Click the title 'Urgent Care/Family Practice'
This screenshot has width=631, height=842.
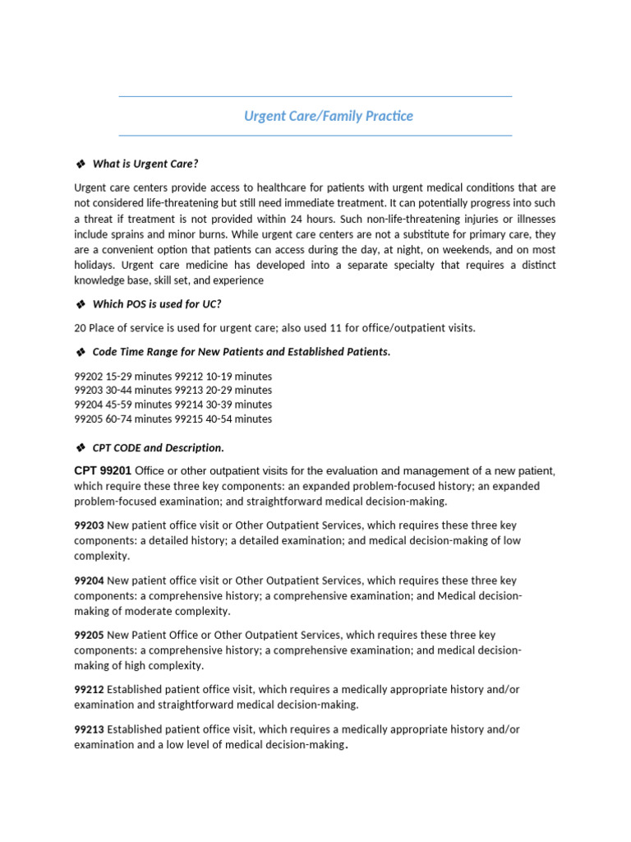[328, 117]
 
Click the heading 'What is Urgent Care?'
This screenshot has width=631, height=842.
[145, 164]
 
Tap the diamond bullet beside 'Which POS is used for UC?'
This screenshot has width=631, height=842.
[81, 304]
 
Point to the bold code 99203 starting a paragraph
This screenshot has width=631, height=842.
[89, 525]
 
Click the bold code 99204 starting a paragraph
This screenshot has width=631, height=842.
[89, 581]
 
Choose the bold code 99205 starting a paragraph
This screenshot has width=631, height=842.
[89, 636]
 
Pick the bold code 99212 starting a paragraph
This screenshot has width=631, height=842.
[89, 690]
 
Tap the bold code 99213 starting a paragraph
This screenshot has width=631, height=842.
[89, 729]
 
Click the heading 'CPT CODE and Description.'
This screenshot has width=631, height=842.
[158, 448]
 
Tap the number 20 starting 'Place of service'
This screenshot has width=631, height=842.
[80, 328]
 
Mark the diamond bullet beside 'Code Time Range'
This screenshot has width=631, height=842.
[81, 352]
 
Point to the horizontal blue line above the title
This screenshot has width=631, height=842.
[315, 97]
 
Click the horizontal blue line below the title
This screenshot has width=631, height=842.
[315, 136]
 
